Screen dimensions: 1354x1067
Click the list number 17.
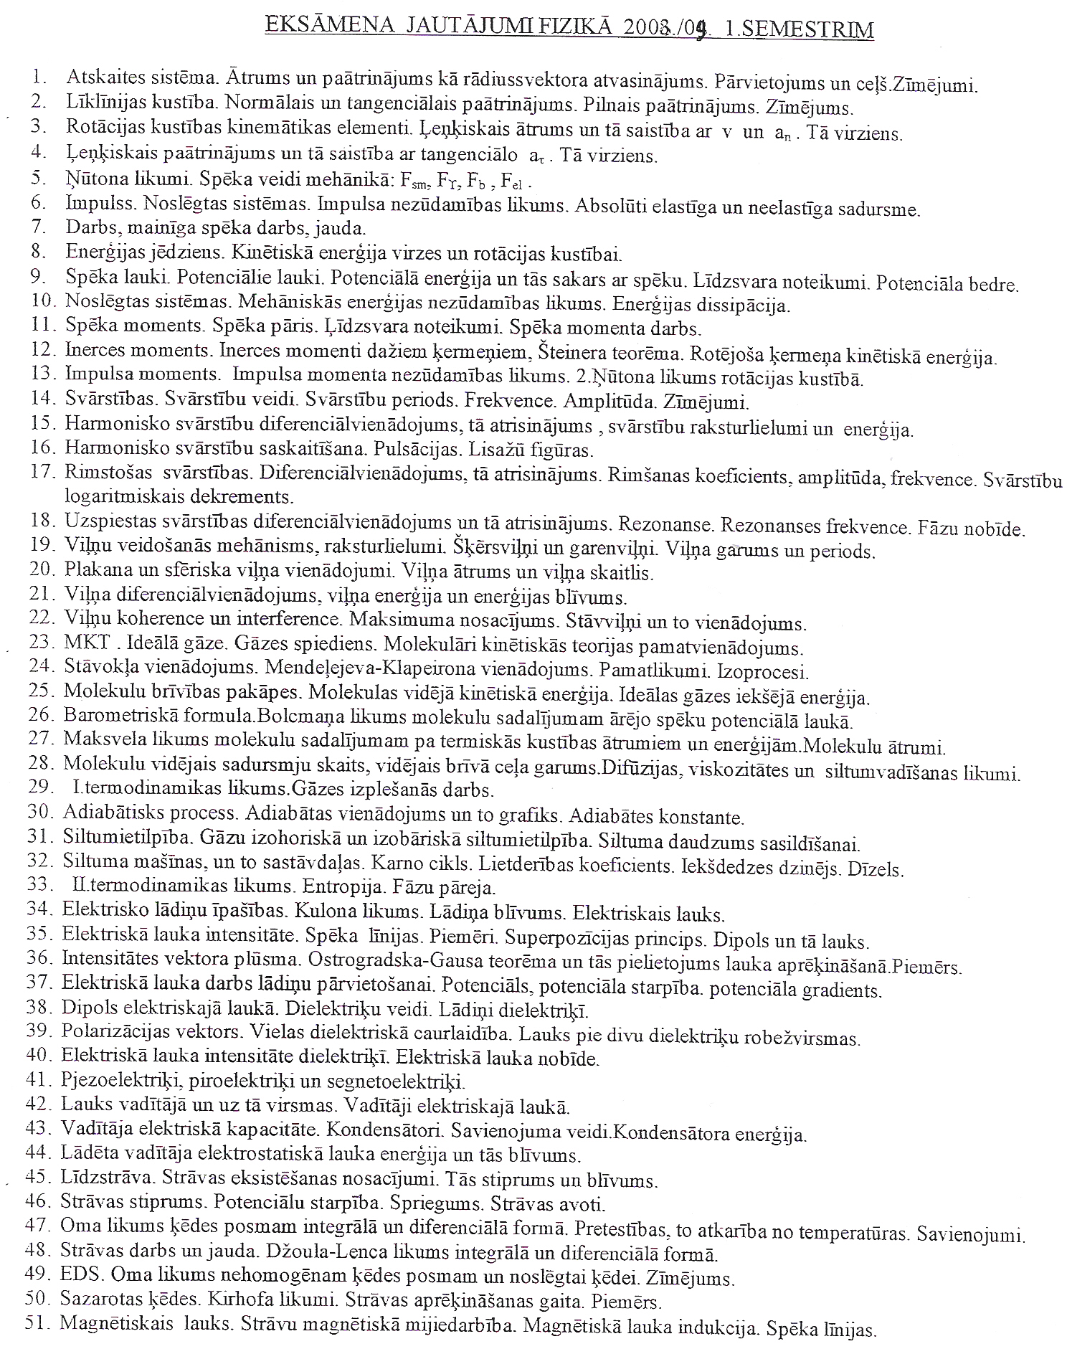click(42, 472)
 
